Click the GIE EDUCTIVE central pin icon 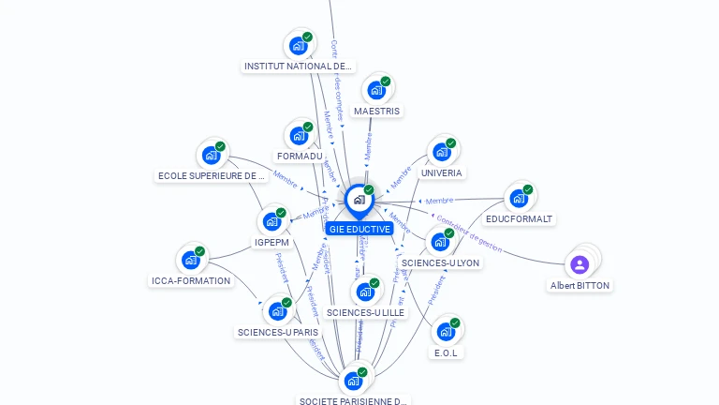coord(359,200)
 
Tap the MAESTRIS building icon coord(376,90)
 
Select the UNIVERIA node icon coord(441,152)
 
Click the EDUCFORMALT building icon coord(518,198)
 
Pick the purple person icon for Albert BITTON coord(580,264)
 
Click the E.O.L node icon coord(446,330)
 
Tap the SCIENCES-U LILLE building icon coord(365,292)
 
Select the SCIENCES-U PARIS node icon coord(277,311)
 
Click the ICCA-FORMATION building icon coord(190,260)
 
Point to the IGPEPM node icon coord(271,221)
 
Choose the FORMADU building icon coord(299,135)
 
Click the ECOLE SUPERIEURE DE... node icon coord(211,155)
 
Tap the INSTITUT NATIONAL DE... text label coord(298,67)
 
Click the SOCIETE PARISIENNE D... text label coord(353,401)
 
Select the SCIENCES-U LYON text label coord(440,263)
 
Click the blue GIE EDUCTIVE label coord(359,229)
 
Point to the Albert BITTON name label coord(580,285)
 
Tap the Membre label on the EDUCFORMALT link coord(439,201)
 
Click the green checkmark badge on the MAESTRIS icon coord(385,82)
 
